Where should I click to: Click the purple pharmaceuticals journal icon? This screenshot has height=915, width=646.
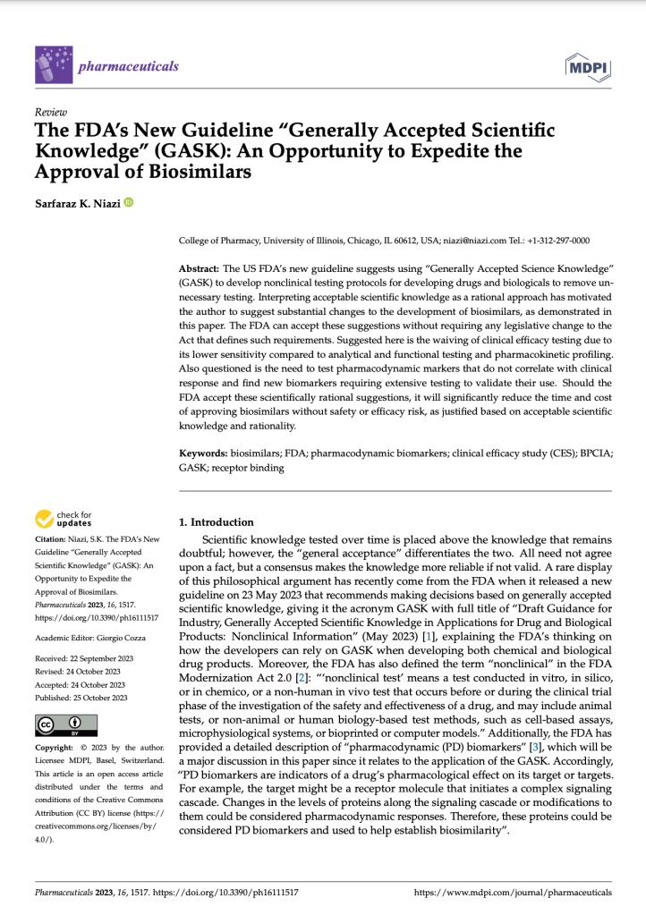coord(53,65)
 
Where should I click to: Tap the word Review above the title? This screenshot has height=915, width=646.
coord(47,113)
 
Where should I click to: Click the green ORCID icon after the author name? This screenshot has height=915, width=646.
coord(129,202)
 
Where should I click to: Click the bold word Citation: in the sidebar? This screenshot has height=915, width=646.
coord(53,539)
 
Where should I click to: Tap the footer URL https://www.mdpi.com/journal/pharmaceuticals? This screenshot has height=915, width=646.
coord(514,893)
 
